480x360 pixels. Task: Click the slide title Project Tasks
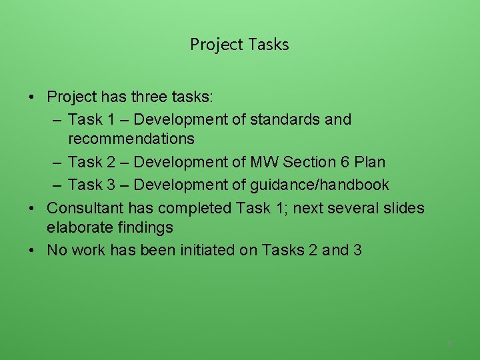[239, 45]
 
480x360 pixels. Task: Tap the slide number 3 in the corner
[449, 343]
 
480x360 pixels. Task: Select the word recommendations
[131, 139]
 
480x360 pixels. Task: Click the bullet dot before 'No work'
[32, 251]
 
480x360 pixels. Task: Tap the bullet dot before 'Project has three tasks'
[32, 97]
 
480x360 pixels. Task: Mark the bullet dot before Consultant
[32, 208]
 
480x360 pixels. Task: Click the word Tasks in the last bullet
[283, 251]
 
